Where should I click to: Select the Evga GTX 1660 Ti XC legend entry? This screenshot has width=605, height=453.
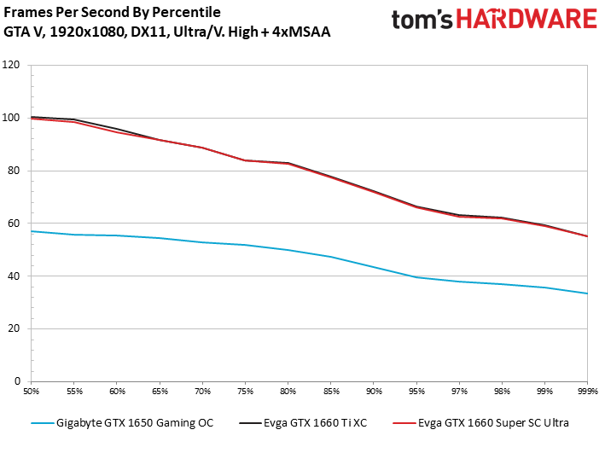[323, 423]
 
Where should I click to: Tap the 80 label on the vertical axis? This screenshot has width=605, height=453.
[15, 171]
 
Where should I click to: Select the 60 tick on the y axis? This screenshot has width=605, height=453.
[15, 224]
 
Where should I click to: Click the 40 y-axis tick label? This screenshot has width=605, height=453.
[15, 276]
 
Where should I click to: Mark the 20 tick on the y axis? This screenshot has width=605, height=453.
[15, 328]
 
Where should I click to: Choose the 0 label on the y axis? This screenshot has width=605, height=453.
[17, 381]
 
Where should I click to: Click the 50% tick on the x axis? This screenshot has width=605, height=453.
[31, 392]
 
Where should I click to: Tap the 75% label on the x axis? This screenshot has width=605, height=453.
[245, 392]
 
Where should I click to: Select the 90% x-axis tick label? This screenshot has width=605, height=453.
[373, 392]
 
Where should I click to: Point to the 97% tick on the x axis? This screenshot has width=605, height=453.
[459, 392]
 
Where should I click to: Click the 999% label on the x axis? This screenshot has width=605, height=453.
[587, 392]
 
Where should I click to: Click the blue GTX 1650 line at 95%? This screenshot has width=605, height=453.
[416, 277]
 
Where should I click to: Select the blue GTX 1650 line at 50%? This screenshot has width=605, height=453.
[32, 231]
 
